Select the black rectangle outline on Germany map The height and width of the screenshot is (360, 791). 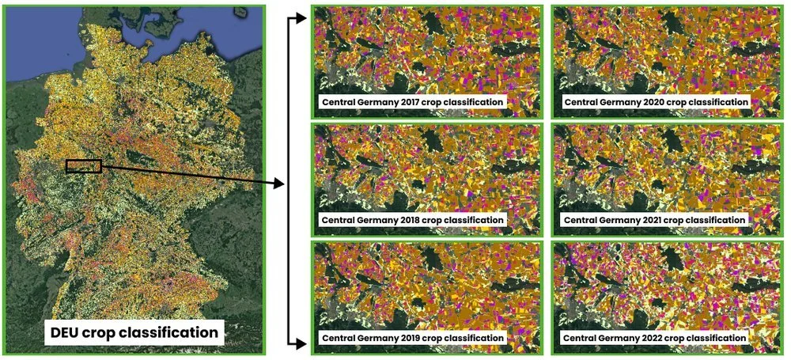point(84,165)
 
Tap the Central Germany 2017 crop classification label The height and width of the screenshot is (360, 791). point(411,102)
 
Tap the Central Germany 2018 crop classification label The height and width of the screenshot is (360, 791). point(411,219)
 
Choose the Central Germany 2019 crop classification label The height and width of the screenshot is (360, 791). point(411,338)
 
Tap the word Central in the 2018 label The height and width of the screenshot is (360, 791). point(339,219)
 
